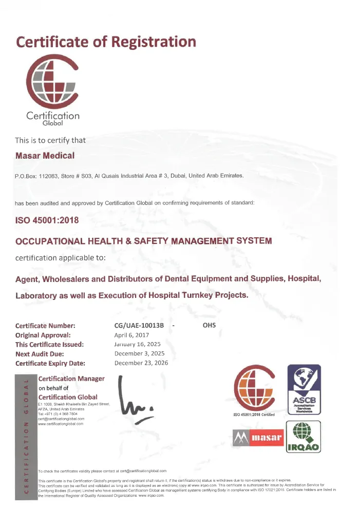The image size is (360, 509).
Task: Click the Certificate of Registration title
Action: (106, 41)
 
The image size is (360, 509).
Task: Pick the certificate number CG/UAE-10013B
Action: (139, 326)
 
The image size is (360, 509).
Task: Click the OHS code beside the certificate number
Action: (210, 326)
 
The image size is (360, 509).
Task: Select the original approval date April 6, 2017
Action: (131, 335)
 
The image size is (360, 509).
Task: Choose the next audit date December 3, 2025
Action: (139, 354)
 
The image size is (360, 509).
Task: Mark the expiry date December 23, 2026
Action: (141, 363)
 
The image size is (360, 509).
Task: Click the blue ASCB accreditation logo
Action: (303, 391)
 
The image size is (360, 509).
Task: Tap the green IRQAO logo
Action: (303, 437)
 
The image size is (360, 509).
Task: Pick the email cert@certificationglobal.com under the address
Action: (61, 419)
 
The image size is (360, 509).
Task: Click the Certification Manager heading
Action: (71, 379)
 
